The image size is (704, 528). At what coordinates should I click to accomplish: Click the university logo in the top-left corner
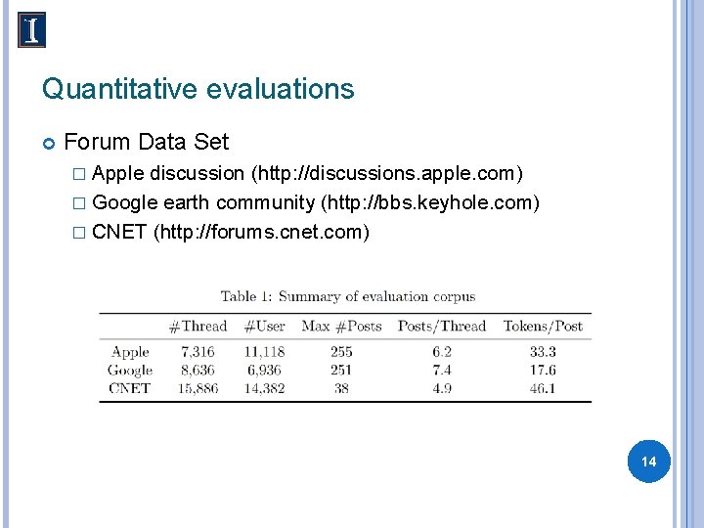coord(32,30)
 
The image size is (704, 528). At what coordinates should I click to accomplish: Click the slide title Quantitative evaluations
coord(198,90)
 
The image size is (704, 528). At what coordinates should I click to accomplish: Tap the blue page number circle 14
coord(648,461)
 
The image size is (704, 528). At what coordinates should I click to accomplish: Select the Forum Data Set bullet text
coord(146,142)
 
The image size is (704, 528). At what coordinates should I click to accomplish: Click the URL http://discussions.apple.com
coord(387,174)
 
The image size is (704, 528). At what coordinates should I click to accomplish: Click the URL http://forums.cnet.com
coord(261,232)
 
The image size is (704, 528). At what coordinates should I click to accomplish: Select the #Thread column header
coord(198,327)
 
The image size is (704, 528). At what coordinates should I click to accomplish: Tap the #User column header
coord(264,327)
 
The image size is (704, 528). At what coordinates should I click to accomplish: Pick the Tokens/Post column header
coord(543,327)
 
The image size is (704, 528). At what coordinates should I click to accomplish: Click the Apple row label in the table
coord(130,352)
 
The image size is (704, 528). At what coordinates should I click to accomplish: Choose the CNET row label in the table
coord(130,388)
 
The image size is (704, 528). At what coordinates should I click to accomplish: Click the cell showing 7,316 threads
coord(198,352)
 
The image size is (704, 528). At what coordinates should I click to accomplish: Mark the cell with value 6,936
coord(264,370)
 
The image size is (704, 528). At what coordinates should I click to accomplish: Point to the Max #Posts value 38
coord(341,388)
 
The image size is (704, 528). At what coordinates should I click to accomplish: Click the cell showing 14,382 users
coord(263,388)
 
